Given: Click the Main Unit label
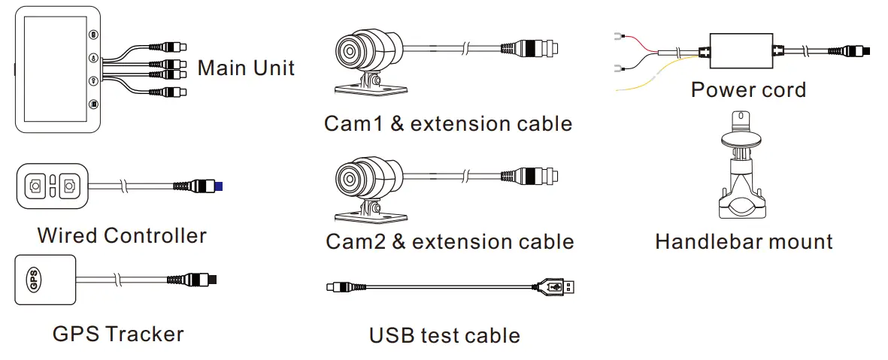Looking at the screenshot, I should (246, 68).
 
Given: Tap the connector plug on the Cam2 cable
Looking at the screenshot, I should (538, 175).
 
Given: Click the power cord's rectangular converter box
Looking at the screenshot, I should (741, 51).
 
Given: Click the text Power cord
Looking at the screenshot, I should (747, 90).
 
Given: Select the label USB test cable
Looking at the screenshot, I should (444, 335).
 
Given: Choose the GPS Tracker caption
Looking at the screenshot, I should (118, 333).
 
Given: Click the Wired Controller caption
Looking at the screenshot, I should (122, 235).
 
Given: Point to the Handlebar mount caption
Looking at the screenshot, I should (744, 241).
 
